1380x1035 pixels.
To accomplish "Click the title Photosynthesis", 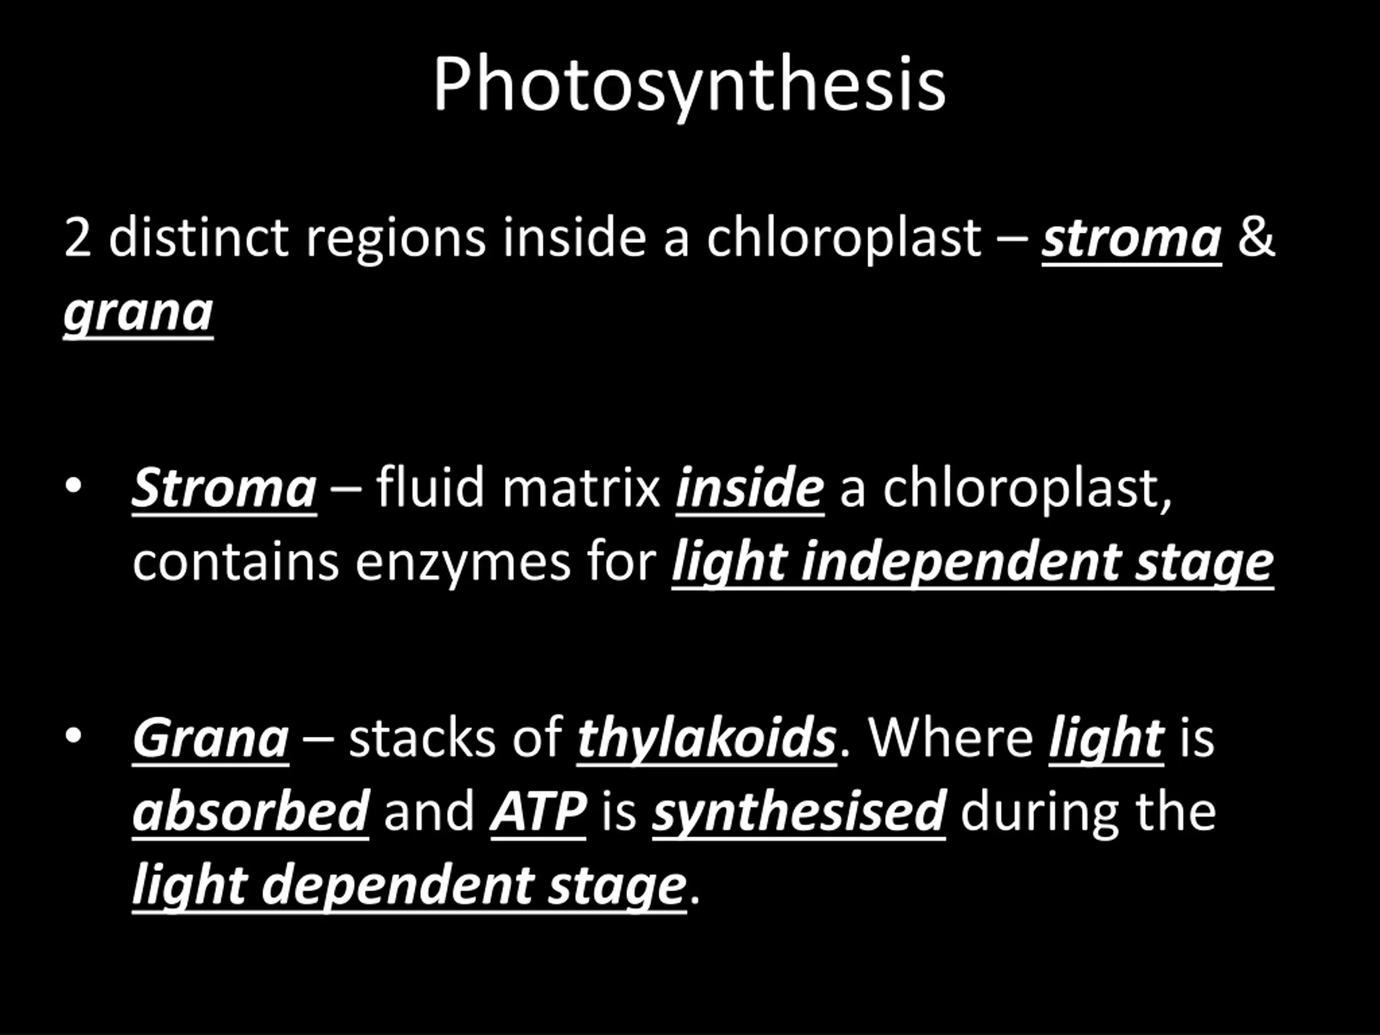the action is pyautogui.click(x=689, y=86).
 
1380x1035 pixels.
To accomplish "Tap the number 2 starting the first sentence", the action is pyautogui.click(x=78, y=238).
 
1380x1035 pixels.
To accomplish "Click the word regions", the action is pyautogui.click(x=396, y=240).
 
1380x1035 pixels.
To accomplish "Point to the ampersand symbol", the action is pyautogui.click(x=1256, y=237).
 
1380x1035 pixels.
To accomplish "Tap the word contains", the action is pyautogui.click(x=236, y=562).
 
